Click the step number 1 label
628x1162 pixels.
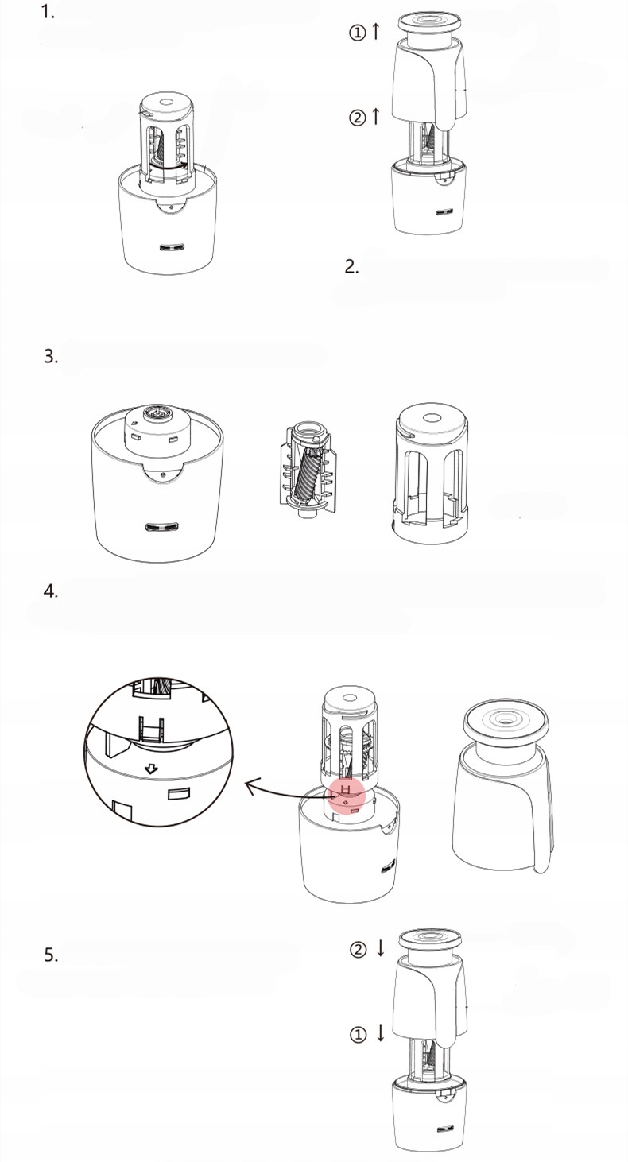point(48,13)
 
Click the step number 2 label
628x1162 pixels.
point(351,266)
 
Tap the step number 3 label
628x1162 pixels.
point(51,356)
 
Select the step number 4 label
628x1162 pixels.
point(50,591)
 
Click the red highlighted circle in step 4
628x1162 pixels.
point(346,794)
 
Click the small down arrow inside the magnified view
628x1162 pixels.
point(151,769)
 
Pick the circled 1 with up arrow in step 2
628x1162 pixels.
point(364,32)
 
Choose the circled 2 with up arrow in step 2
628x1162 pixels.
point(364,118)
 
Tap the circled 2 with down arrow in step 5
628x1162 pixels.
point(367,949)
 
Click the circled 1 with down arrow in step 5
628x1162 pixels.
point(367,1034)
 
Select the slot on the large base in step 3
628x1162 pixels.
point(161,527)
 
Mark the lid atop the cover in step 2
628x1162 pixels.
point(429,22)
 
